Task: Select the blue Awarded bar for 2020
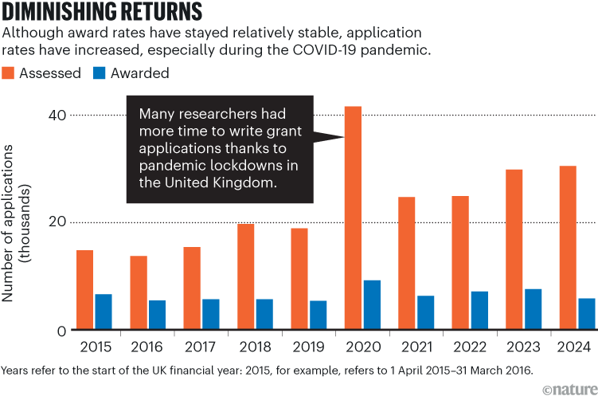tap(371, 304)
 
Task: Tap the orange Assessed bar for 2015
tap(85, 290)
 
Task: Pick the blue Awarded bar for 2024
tap(585, 314)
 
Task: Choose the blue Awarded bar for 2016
tap(157, 315)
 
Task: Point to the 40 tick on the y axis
tap(53, 116)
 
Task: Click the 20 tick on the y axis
tap(53, 223)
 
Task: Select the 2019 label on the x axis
tap(308, 347)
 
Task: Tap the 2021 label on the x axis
tap(416, 347)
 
